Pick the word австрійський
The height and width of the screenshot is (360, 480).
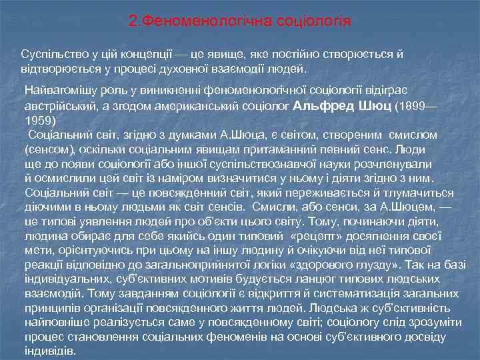pyautogui.click(x=59, y=105)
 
